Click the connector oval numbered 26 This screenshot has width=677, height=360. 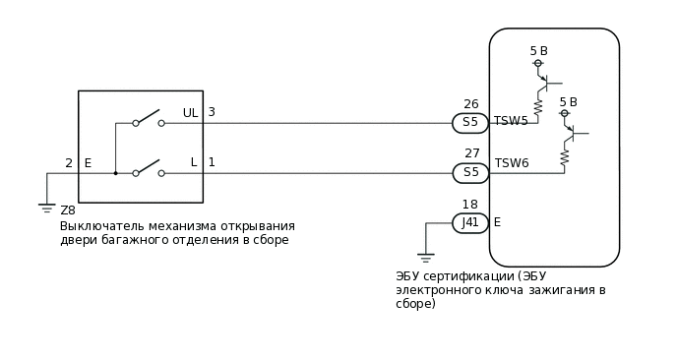(x=470, y=123)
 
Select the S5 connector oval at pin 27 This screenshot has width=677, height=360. (x=470, y=173)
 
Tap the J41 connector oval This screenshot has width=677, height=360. (x=470, y=222)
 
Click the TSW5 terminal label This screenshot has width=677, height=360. (x=511, y=121)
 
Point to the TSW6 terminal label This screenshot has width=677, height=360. (x=512, y=163)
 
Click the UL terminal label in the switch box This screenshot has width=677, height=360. (x=190, y=113)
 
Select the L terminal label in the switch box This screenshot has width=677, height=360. (x=194, y=162)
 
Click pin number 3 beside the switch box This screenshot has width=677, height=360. (x=211, y=112)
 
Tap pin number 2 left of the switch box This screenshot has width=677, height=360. (x=69, y=163)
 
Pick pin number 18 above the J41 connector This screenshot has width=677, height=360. (x=469, y=205)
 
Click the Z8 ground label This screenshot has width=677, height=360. (x=68, y=210)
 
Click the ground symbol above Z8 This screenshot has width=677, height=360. (x=46, y=207)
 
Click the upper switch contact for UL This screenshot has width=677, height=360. (x=148, y=118)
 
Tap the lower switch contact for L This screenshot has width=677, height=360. (x=148, y=168)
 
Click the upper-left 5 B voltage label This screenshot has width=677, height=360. (x=538, y=50)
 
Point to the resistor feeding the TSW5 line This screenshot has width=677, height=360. (x=538, y=106)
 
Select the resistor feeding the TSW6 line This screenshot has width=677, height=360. (x=566, y=156)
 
